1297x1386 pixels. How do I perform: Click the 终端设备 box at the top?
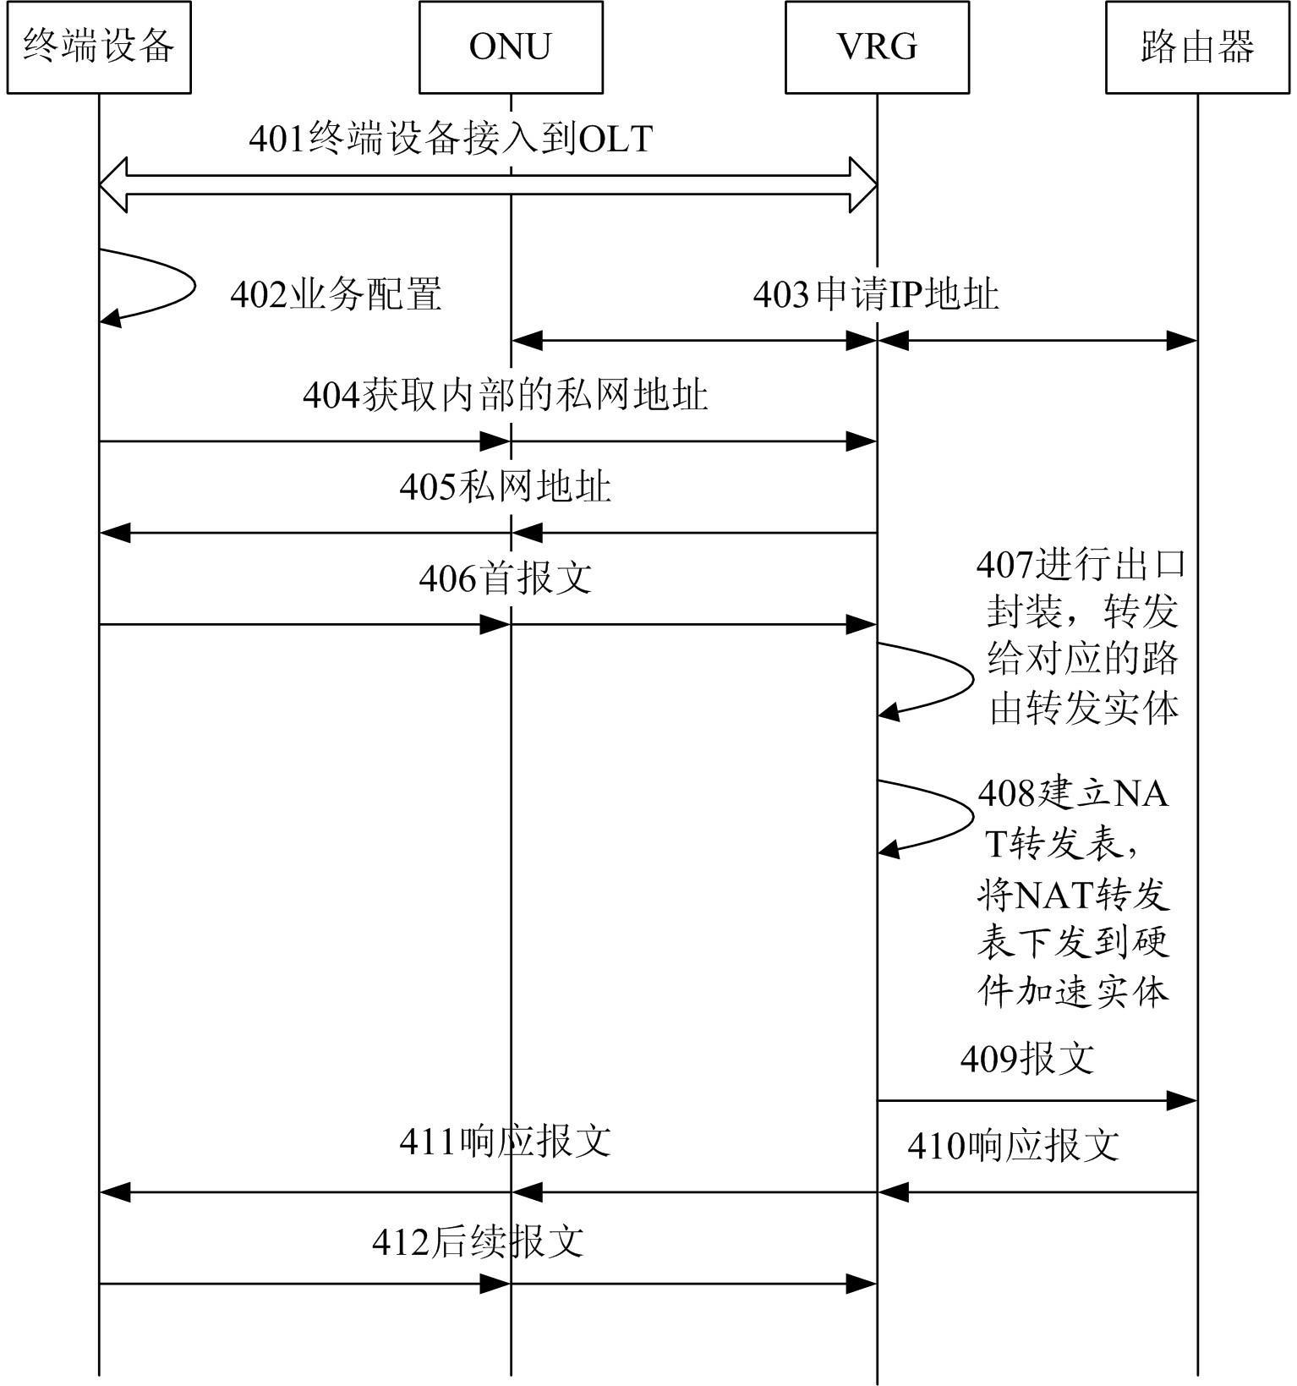pos(99,47)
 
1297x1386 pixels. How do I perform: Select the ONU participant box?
pos(511,47)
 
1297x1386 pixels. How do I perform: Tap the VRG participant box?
pos(877,47)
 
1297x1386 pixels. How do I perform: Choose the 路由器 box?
pos(1197,47)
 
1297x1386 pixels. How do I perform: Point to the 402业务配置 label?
pos(336,295)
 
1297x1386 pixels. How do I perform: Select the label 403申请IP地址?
pos(876,295)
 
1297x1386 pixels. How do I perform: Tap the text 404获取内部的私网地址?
pos(505,395)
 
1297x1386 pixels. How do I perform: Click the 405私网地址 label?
pos(505,488)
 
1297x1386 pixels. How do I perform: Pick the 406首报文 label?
pos(505,579)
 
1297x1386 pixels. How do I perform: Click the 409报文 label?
pos(1027,1058)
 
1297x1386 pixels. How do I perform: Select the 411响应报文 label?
pos(505,1142)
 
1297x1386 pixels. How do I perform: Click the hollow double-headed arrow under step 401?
pos(488,185)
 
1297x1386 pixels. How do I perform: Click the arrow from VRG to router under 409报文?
pos(1037,1101)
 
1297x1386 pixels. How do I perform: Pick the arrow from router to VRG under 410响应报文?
pos(1037,1192)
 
